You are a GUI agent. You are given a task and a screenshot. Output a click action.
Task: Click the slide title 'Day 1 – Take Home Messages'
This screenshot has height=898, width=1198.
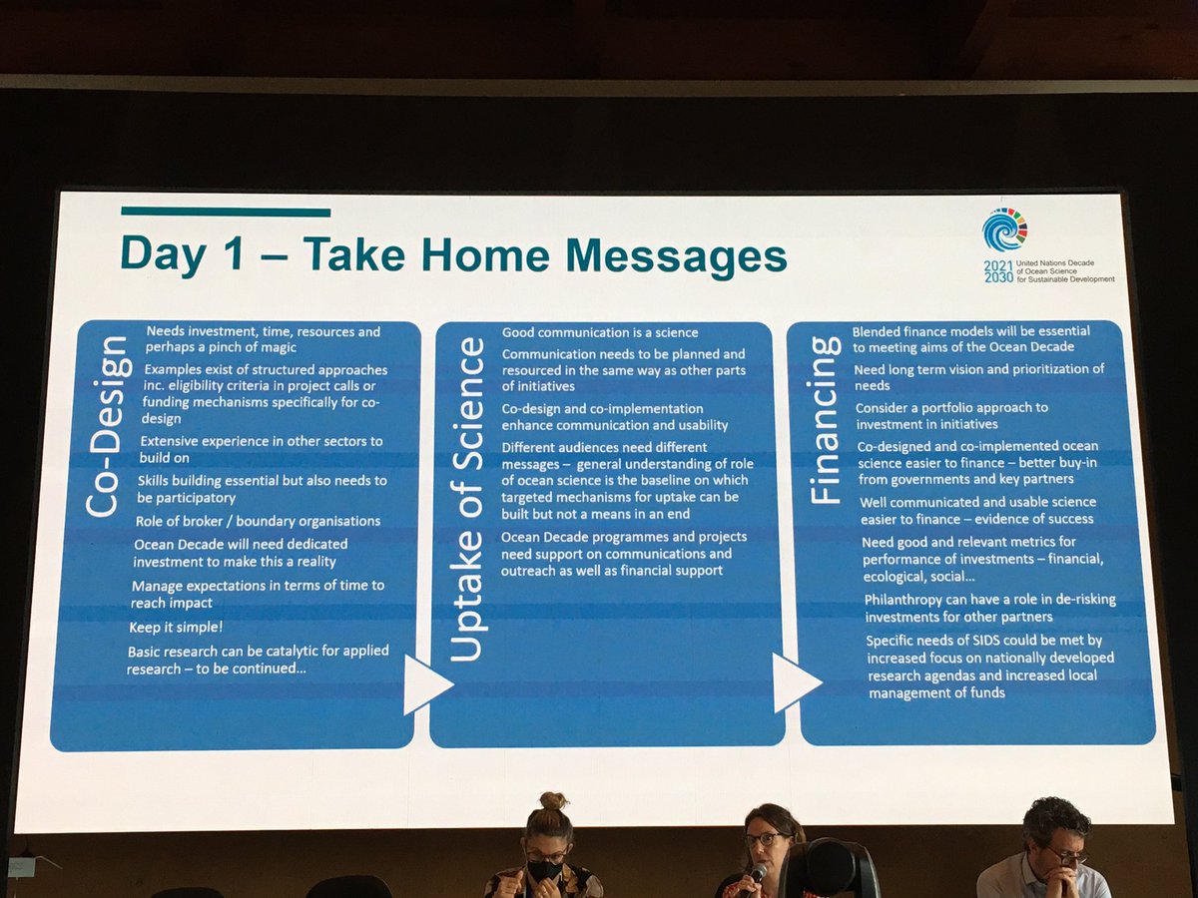(x=453, y=255)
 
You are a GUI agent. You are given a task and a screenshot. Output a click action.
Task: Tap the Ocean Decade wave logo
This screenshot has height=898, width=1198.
(x=1003, y=230)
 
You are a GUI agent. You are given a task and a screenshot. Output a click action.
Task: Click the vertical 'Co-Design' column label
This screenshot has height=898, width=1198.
(x=104, y=426)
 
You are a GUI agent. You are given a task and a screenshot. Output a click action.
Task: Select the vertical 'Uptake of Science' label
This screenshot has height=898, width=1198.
(x=468, y=499)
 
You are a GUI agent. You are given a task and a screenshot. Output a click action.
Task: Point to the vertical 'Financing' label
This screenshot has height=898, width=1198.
(x=825, y=419)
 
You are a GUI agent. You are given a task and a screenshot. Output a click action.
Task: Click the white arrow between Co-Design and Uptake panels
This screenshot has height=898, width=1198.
(x=426, y=684)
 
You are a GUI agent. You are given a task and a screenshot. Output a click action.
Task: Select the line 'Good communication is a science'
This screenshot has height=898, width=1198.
(x=599, y=332)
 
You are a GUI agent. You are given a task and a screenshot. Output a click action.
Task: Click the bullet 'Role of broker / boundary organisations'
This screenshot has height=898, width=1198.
(x=258, y=521)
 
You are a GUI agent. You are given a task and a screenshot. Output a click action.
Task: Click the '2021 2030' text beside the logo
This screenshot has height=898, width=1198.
(x=997, y=270)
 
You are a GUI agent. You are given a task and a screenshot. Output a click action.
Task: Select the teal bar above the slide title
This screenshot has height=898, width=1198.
(x=226, y=212)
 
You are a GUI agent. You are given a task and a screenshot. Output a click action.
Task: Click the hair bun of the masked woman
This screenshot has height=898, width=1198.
(x=553, y=801)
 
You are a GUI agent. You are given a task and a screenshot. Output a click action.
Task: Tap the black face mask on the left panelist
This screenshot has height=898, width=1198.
(x=546, y=870)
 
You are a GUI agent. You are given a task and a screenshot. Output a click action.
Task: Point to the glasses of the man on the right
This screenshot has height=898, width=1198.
(x=1066, y=854)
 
